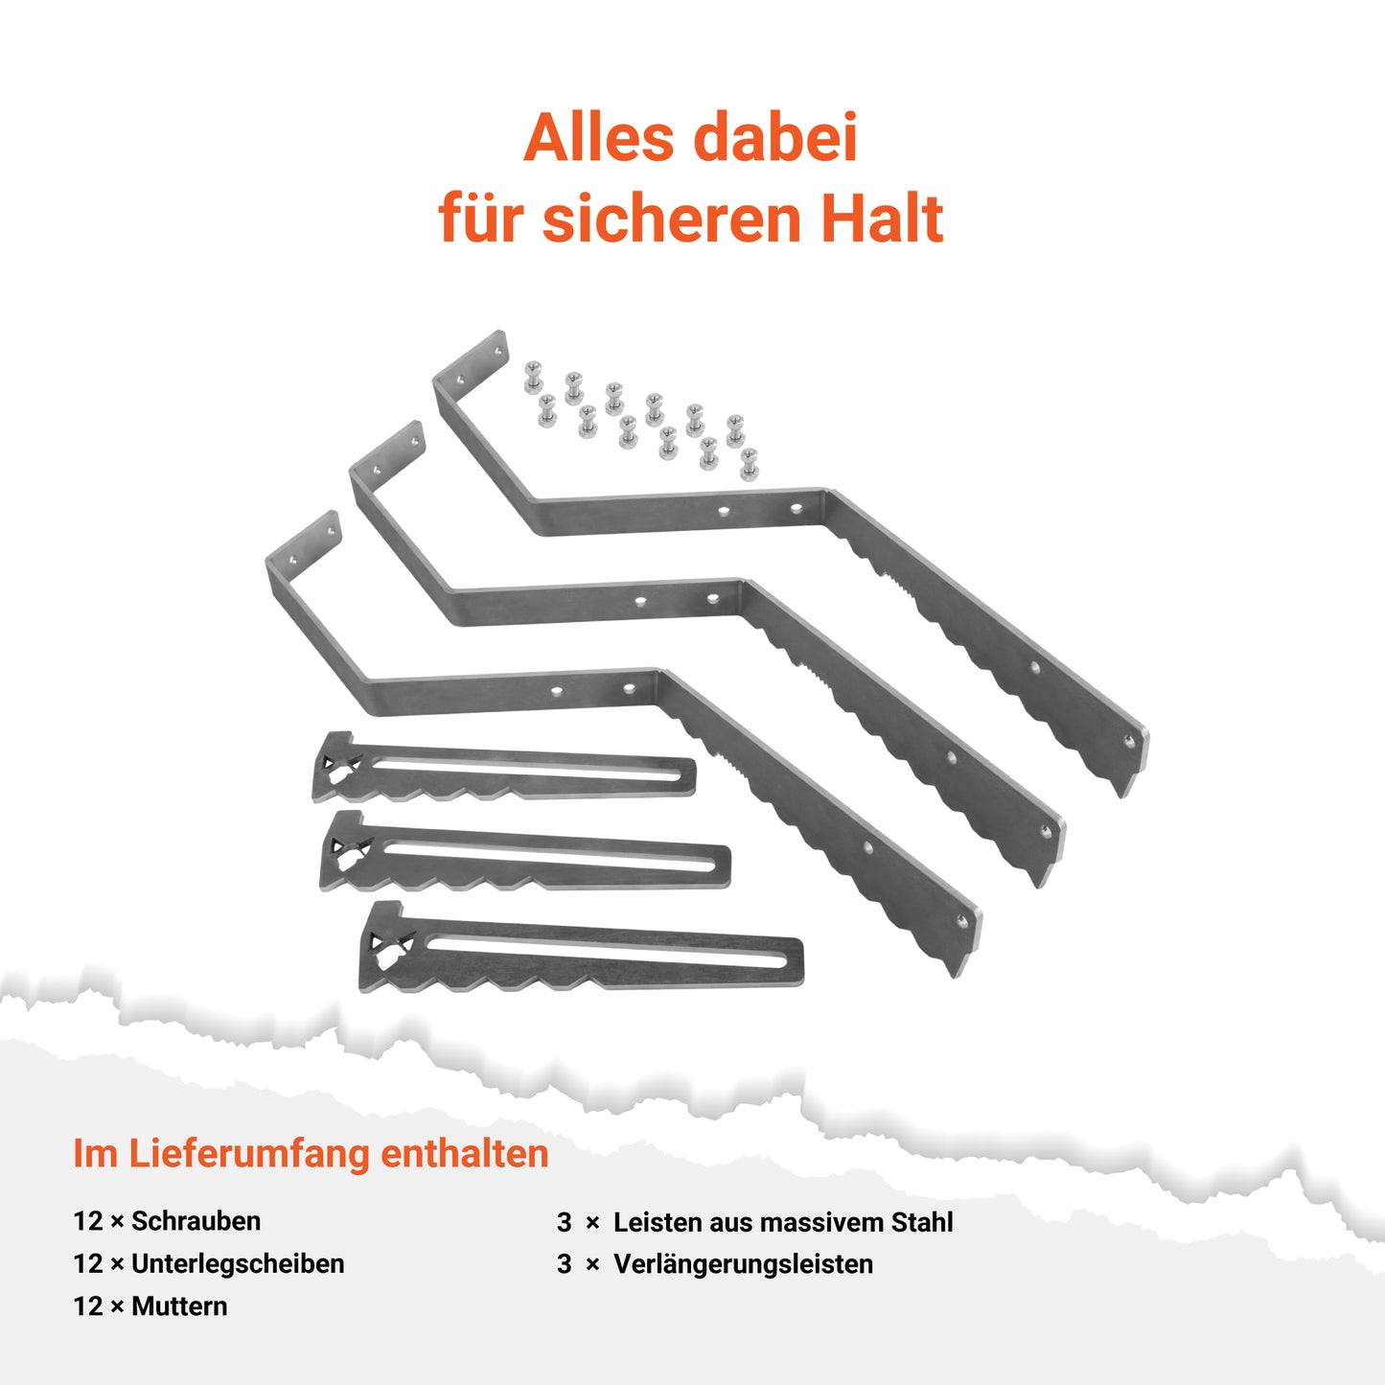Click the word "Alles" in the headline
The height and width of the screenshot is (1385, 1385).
(599, 137)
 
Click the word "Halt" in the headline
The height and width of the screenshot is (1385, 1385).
(882, 218)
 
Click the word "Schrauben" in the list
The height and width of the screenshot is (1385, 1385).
(196, 1221)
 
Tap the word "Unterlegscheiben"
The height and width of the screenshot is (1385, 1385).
(238, 1264)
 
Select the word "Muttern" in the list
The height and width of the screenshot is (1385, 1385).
(179, 1306)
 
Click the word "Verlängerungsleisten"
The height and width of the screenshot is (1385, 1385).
(743, 1264)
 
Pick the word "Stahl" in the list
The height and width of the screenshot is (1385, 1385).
(922, 1222)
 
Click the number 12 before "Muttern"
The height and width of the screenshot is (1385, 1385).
(88, 1306)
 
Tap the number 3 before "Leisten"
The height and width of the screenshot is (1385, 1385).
(565, 1223)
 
